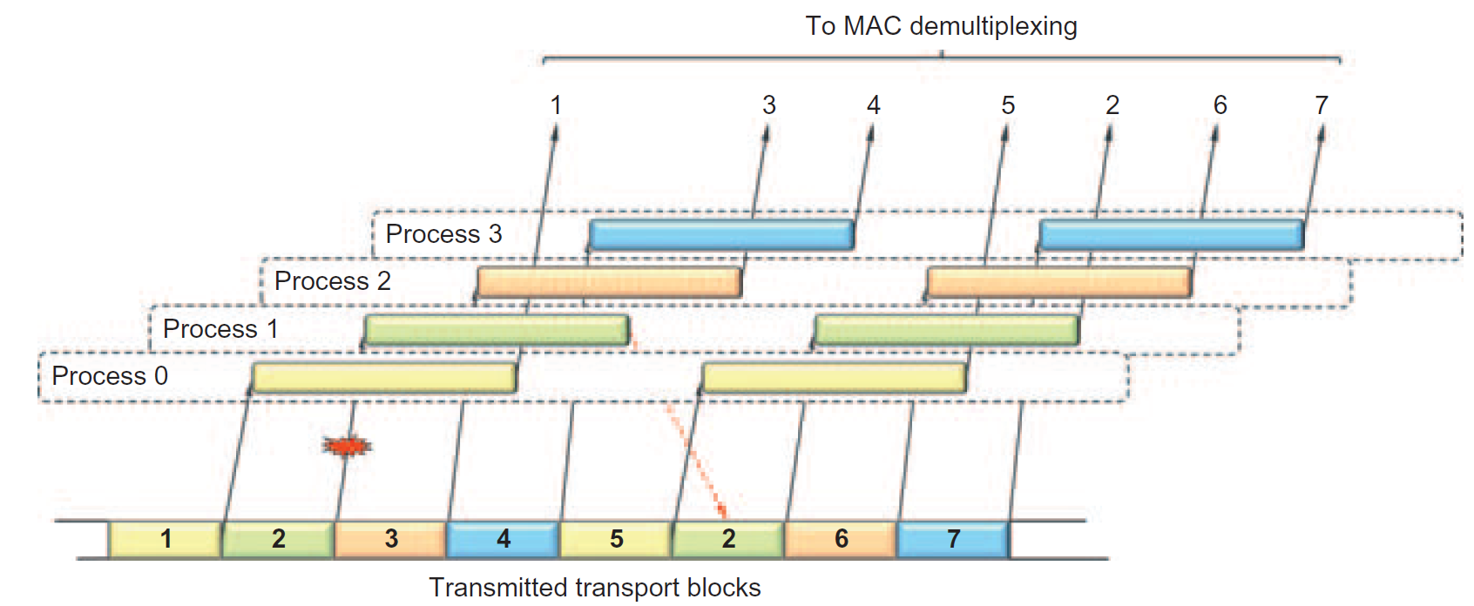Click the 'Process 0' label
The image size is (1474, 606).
110,376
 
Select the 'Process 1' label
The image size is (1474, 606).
220,329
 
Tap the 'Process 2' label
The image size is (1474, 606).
332,281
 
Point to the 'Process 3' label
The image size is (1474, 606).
443,234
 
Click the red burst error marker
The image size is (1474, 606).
347,447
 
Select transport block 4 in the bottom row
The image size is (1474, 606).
503,540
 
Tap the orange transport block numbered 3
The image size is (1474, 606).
391,540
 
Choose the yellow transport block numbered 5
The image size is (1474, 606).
616,540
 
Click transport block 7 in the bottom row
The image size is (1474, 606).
953,540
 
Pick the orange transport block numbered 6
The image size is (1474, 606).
841,540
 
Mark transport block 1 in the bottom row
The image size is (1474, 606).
166,540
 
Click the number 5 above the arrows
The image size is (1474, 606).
1008,105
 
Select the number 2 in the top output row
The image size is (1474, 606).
1112,105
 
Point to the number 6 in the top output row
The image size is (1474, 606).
1220,105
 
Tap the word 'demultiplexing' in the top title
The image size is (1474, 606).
993,26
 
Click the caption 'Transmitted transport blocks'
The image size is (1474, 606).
595,588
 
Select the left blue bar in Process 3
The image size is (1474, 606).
721,235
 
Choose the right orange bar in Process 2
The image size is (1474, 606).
1058,282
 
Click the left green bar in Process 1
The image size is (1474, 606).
497,330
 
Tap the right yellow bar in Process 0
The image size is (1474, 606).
834,377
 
